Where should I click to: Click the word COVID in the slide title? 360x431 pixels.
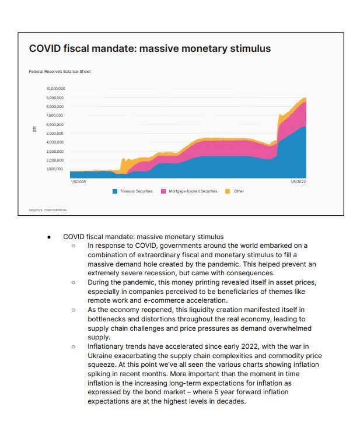point(45,48)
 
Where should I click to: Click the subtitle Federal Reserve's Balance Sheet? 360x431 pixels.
point(60,72)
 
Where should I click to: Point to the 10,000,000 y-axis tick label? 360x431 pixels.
point(55,89)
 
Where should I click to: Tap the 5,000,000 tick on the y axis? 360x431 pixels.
point(55,134)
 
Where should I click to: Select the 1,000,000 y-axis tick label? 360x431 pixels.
point(54,169)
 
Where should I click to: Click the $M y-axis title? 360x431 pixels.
point(34,129)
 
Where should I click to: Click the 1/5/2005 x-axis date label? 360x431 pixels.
point(78,182)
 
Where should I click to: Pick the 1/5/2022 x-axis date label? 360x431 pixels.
point(298,182)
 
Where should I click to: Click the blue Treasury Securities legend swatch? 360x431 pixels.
point(115,191)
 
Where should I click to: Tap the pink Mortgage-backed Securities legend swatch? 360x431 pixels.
point(163,191)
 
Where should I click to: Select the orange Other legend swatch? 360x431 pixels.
point(228,191)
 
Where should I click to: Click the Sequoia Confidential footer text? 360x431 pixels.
point(48,210)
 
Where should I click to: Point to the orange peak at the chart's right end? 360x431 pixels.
point(304,98)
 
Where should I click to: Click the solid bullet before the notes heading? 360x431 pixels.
point(49,237)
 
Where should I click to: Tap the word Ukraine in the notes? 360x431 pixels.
point(100,356)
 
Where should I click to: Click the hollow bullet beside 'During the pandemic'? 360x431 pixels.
point(74,282)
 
